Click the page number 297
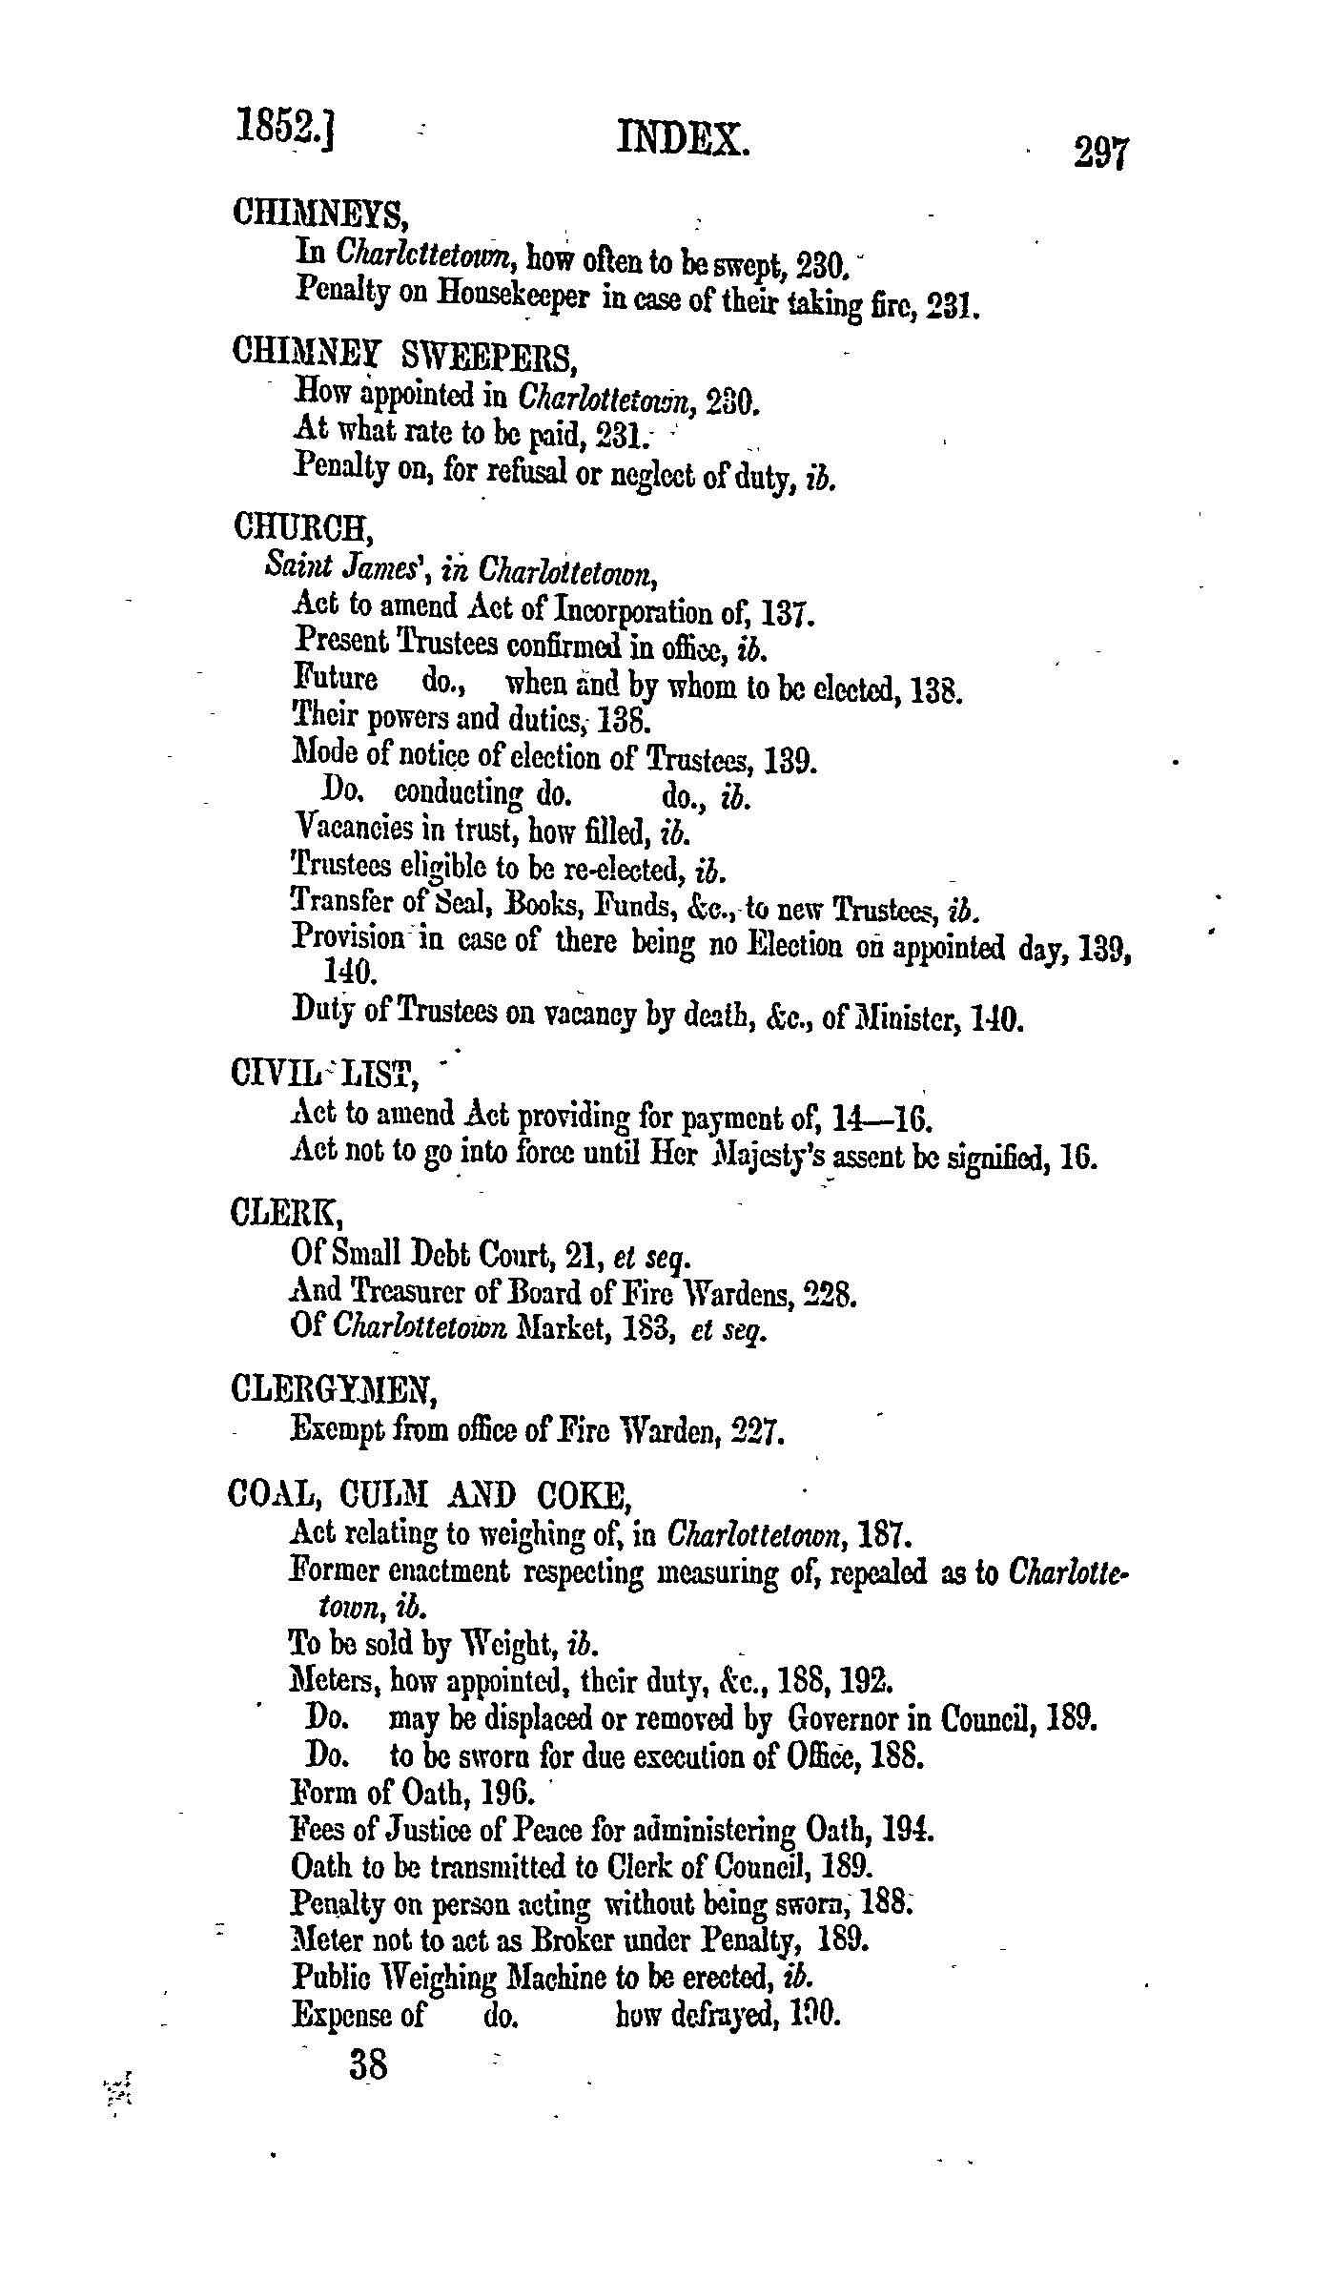coord(1100,153)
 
